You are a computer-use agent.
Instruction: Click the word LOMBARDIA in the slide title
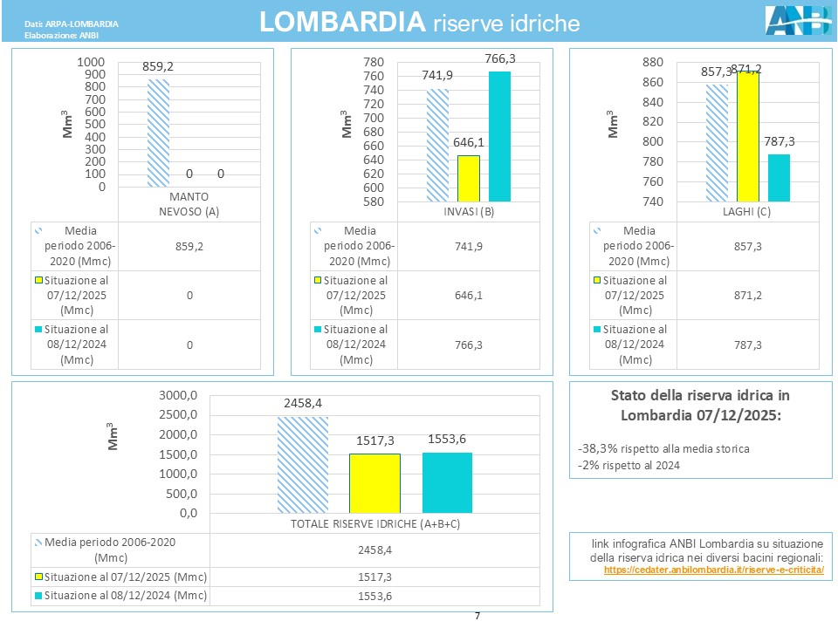tap(343, 23)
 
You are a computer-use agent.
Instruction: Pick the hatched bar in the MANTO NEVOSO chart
tap(158, 133)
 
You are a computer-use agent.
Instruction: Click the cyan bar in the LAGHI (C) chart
tap(779, 178)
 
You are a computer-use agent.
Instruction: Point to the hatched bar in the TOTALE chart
tap(303, 464)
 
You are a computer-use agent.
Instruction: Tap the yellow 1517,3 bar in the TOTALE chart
tap(375, 483)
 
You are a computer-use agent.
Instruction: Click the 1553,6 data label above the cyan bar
tap(447, 441)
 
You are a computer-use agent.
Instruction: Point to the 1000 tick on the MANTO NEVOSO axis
tap(91, 63)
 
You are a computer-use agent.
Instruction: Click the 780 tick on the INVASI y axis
tap(373, 63)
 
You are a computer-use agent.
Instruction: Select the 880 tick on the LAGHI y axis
tap(652, 63)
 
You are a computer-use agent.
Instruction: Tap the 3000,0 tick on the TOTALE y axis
tap(178, 395)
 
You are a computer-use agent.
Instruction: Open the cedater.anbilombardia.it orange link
tap(713, 570)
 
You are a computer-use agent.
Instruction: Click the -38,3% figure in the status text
tap(598, 448)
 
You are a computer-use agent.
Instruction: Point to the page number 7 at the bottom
tap(477, 617)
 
